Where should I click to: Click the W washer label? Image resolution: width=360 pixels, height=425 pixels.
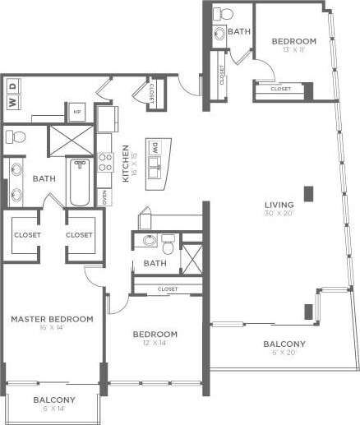pyautogui.click(x=12, y=103)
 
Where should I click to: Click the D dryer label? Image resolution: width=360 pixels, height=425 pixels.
pyautogui.click(x=12, y=85)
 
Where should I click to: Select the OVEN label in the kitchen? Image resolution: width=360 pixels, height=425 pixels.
pyautogui.click(x=104, y=197)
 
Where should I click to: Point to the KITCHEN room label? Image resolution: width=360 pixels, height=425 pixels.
pyautogui.click(x=126, y=164)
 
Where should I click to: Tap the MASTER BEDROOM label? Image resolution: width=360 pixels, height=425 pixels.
pyautogui.click(x=51, y=318)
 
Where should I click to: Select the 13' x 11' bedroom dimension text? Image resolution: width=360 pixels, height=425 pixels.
pyautogui.click(x=293, y=50)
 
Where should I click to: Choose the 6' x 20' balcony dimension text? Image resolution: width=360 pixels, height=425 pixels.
pyautogui.click(x=284, y=354)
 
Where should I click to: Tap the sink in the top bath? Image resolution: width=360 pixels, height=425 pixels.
pyautogui.click(x=220, y=33)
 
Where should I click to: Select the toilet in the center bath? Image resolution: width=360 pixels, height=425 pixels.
pyautogui.click(x=167, y=244)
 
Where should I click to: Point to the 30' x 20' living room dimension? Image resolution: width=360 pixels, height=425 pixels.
pyautogui.click(x=278, y=215)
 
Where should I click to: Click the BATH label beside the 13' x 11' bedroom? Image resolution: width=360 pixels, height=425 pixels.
pyautogui.click(x=239, y=31)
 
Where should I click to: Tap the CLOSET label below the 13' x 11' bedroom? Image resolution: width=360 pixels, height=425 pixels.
pyautogui.click(x=280, y=89)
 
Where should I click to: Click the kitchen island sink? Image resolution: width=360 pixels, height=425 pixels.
pyautogui.click(x=155, y=171)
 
